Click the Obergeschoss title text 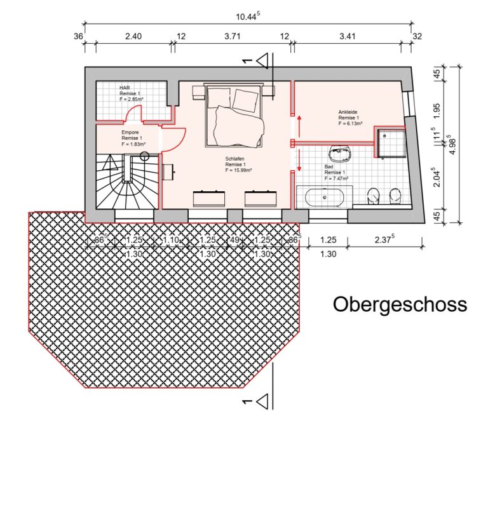tap(400, 304)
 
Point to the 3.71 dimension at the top tap(233, 36)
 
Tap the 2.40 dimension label tap(133, 36)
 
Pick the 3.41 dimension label tap(347, 36)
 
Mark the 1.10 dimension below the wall tap(171, 241)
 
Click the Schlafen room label tap(235, 164)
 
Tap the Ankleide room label tap(349, 117)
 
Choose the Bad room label tap(335, 173)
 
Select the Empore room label tap(132, 138)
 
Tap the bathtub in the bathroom tap(325, 198)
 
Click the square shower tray tap(391, 143)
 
